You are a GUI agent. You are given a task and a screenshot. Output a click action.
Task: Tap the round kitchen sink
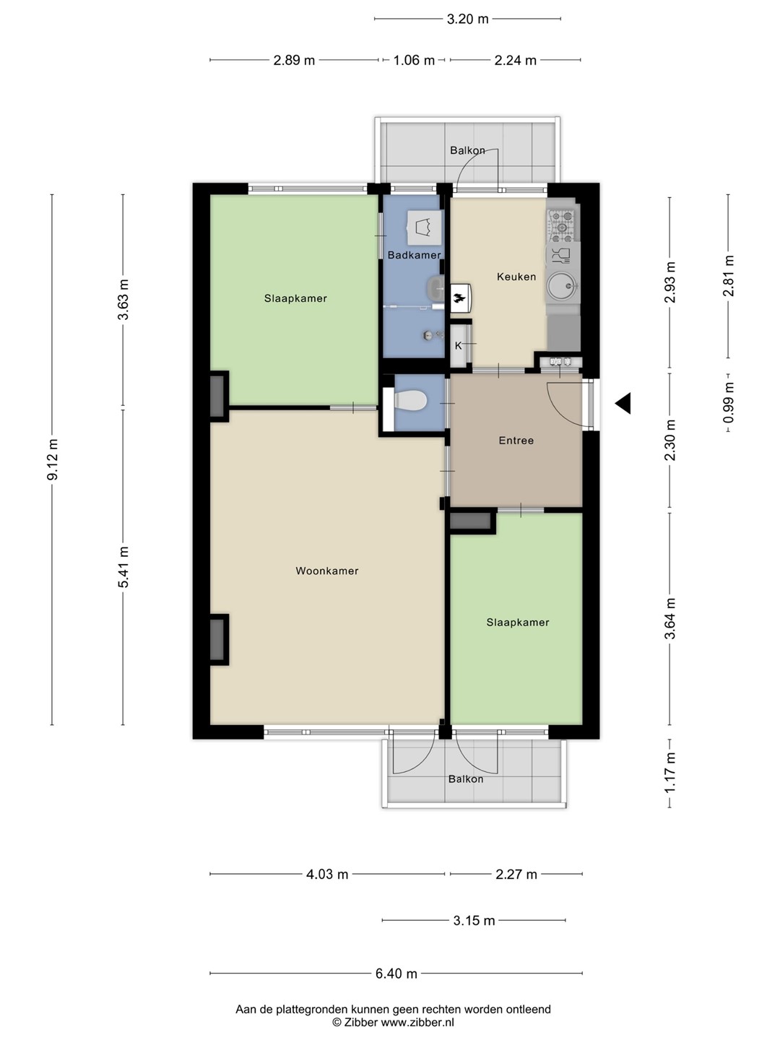coord(563,286)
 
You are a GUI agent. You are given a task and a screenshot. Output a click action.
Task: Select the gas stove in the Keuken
coord(562,225)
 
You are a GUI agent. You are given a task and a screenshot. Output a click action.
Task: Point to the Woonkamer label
coord(326,571)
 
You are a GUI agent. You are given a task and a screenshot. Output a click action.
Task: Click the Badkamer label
coord(414,255)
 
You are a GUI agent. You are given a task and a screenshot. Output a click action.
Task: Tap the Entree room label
coord(516,441)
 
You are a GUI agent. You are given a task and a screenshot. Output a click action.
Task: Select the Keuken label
coord(516,277)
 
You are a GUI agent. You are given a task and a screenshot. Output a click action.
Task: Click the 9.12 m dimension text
coord(53,459)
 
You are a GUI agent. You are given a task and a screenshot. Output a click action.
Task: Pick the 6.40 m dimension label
coord(396,973)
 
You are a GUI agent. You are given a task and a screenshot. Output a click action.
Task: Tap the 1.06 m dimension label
coord(414,60)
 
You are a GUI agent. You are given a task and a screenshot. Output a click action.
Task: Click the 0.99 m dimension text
coord(729,403)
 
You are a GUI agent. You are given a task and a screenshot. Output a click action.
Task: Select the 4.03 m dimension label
coord(327,874)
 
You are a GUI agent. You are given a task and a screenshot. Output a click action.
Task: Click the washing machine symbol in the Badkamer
coord(425,227)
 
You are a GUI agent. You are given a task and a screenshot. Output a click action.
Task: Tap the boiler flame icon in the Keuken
coord(459,298)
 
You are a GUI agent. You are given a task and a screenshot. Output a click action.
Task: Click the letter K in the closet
coord(458,346)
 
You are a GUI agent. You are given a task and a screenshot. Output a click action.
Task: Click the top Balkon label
coord(467,151)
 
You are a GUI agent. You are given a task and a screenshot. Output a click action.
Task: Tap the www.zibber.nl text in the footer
coord(417,1023)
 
